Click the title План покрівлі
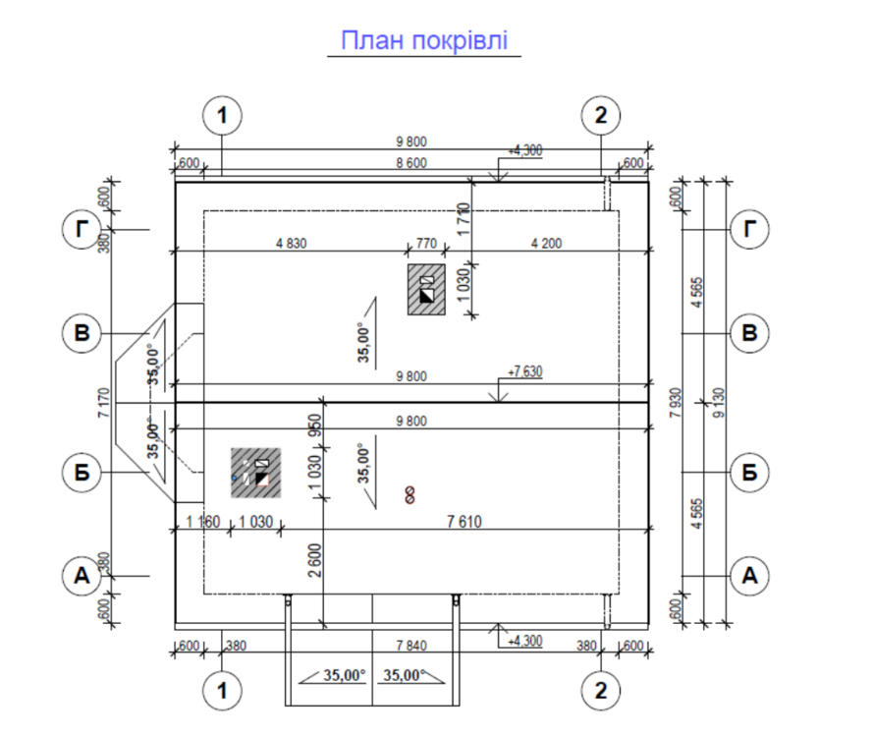tap(424, 41)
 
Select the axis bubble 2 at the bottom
tap(601, 691)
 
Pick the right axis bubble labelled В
tap(751, 334)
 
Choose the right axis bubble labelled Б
tap(751, 473)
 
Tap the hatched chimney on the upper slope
tap(426, 289)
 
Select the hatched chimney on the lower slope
tap(256, 472)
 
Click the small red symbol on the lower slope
tap(410, 494)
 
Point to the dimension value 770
tap(424, 244)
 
